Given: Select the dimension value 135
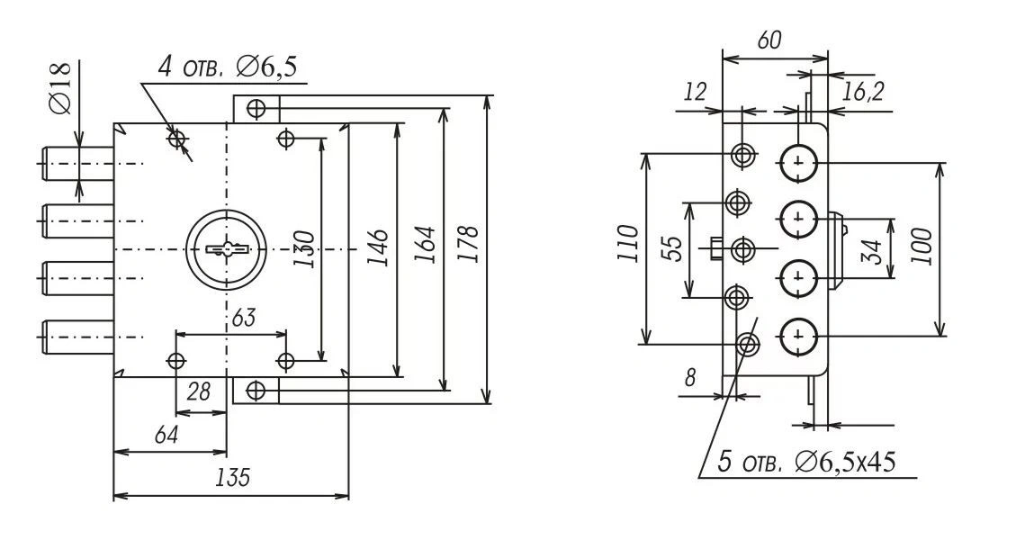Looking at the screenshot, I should point(232,478).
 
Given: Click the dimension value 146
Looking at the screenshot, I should point(379,246).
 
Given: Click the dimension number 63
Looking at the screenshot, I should point(245,317).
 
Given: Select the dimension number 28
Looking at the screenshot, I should point(199,393).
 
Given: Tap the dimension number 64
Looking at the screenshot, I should point(166,434).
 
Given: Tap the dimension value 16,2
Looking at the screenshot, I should point(863,90).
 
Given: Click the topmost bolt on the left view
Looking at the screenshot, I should point(76,163).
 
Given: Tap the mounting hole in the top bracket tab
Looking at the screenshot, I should point(256,109).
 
